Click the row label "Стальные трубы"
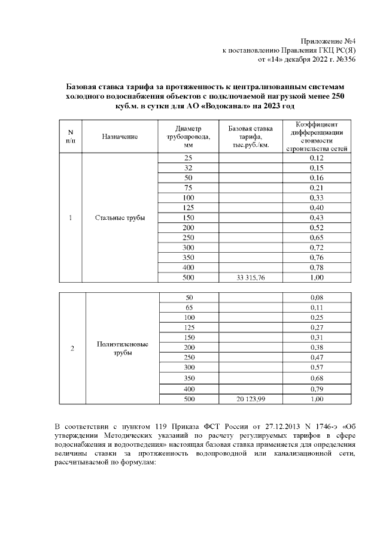point(120,217)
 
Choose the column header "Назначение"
point(120,137)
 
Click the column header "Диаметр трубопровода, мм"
point(189,137)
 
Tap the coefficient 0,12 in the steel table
point(317,158)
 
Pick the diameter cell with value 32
point(189,168)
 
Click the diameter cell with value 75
point(189,187)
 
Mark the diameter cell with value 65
point(189,307)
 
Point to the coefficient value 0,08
point(317,297)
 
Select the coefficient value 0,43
point(317,217)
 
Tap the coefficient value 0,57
point(317,367)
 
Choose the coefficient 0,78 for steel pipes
point(317,267)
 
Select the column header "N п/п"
point(71,137)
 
